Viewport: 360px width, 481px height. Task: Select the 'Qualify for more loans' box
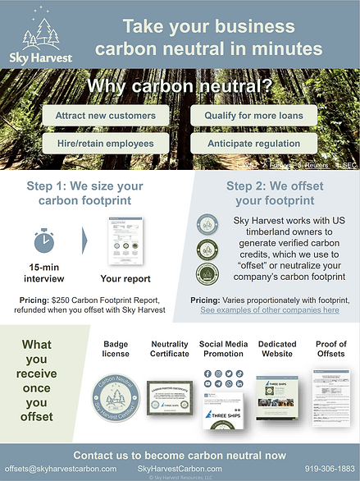pyautogui.click(x=253, y=116)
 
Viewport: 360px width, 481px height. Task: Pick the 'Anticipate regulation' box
pyautogui.click(x=253, y=144)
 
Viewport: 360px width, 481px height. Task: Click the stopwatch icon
pyautogui.click(x=45, y=240)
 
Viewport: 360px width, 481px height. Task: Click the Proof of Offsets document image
pyautogui.click(x=330, y=396)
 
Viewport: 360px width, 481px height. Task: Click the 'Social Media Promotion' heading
pyautogui.click(x=221, y=348)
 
